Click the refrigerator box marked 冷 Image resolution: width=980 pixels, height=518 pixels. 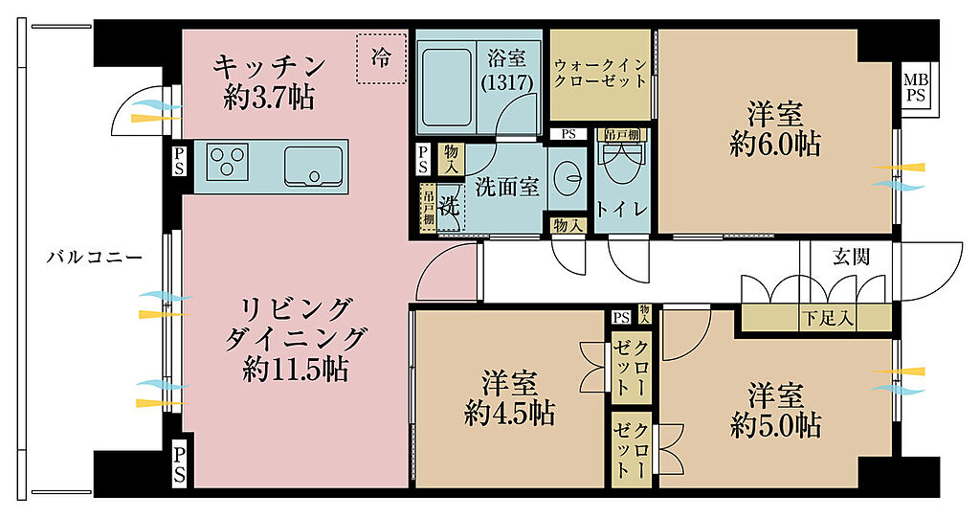[381, 57]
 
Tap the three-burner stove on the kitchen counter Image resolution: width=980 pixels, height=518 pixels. [227, 162]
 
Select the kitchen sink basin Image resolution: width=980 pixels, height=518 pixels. [314, 166]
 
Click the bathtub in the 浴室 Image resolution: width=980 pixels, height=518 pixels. [446, 87]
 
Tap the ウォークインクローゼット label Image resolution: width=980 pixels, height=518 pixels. [600, 73]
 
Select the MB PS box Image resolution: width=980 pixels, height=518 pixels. [916, 87]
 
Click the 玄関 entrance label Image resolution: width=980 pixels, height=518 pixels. [851, 257]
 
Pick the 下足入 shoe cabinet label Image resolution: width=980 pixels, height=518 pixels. [827, 319]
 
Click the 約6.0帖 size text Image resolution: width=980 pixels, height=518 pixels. [775, 146]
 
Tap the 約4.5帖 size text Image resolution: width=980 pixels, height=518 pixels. [509, 413]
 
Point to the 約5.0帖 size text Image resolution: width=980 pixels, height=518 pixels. [775, 426]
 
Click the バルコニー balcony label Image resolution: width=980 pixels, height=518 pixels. [95, 257]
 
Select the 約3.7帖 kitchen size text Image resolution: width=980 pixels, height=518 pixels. [269, 98]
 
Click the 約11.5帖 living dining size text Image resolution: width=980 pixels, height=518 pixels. [295, 371]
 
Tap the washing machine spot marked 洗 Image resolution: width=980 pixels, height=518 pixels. [450, 206]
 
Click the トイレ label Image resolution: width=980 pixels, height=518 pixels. [621, 209]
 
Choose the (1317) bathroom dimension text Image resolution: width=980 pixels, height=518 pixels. [507, 82]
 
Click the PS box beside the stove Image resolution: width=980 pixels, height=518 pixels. [179, 161]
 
